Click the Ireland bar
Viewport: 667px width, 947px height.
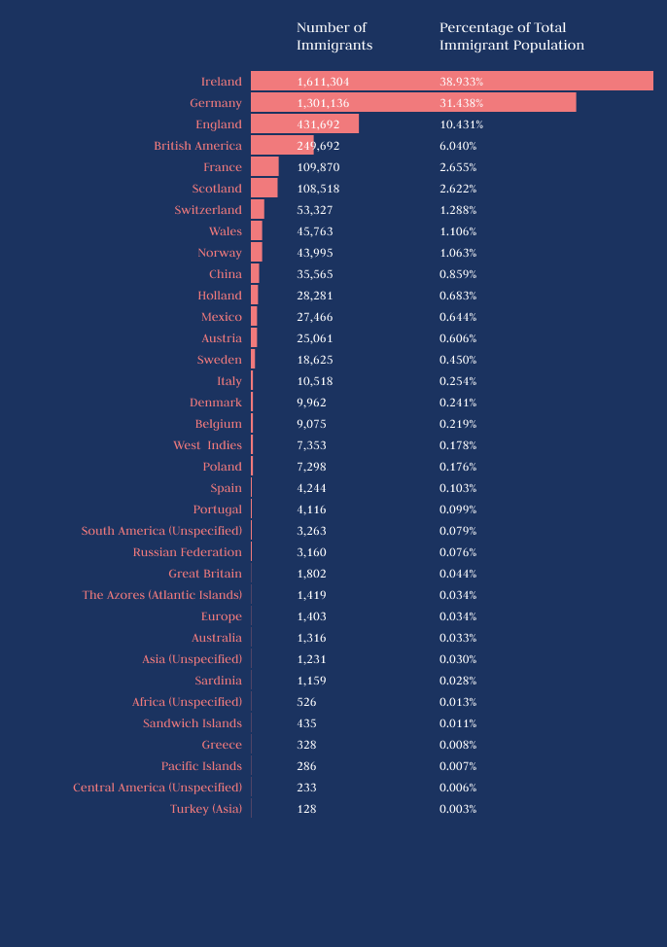click(451, 82)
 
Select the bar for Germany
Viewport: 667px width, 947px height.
click(413, 103)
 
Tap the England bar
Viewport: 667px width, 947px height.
click(304, 124)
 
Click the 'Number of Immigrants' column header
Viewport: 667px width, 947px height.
click(334, 36)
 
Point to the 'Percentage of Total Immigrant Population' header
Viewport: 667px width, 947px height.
click(511, 36)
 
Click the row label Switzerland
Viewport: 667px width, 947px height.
click(208, 210)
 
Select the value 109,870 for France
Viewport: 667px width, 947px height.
click(318, 167)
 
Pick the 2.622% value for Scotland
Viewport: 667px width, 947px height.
click(458, 189)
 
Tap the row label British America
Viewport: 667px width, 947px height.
click(197, 146)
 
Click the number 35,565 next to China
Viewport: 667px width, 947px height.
click(315, 274)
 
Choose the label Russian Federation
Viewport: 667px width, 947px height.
click(188, 552)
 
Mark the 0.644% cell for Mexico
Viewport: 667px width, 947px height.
click(458, 317)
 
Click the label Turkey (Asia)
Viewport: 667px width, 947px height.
click(206, 809)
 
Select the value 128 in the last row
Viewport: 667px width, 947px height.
click(306, 809)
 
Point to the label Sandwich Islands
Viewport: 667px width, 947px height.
click(193, 723)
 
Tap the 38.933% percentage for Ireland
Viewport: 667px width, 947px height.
click(462, 82)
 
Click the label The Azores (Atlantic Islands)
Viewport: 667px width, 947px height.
click(162, 595)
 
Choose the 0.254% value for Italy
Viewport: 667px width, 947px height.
click(458, 381)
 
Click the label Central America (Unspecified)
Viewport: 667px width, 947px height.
click(158, 788)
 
